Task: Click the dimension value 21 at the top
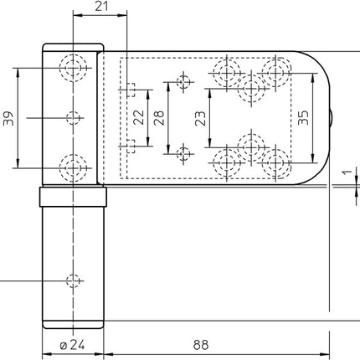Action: pos(100,7)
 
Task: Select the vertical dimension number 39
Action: pos(8,118)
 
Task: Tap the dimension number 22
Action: pos(148,118)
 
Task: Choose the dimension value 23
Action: pos(200,118)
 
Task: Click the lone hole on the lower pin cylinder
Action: pos(74,280)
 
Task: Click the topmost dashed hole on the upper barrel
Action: pos(74,66)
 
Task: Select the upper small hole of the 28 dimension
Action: pos(184,81)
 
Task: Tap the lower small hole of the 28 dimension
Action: pos(184,152)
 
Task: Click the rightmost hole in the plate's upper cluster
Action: pos(275,70)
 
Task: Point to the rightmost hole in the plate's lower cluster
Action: pos(275,164)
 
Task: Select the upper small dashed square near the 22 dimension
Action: pos(130,88)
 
